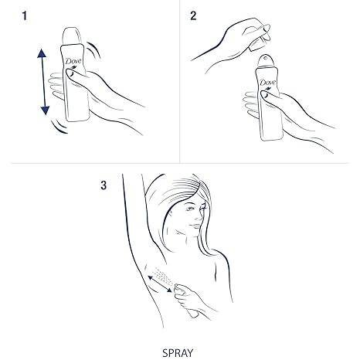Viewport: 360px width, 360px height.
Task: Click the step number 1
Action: (25, 16)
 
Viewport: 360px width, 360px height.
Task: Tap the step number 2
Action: (193, 16)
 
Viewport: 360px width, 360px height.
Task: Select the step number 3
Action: (104, 185)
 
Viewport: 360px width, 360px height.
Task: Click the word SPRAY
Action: (178, 353)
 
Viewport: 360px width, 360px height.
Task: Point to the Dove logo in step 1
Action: (73, 62)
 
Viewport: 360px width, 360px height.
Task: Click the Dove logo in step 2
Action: (268, 83)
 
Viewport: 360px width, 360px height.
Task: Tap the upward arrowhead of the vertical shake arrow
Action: (42, 53)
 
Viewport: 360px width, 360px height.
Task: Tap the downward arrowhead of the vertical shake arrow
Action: (46, 110)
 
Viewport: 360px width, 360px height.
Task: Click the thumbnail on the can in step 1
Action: (70, 73)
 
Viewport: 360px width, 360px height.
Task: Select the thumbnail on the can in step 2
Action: (265, 94)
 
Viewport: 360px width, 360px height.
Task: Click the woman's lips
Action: (195, 226)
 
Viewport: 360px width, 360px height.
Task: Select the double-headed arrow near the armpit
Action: (160, 284)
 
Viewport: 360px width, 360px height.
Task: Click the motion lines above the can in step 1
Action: (94, 50)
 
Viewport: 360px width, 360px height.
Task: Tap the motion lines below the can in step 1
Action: (59, 127)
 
